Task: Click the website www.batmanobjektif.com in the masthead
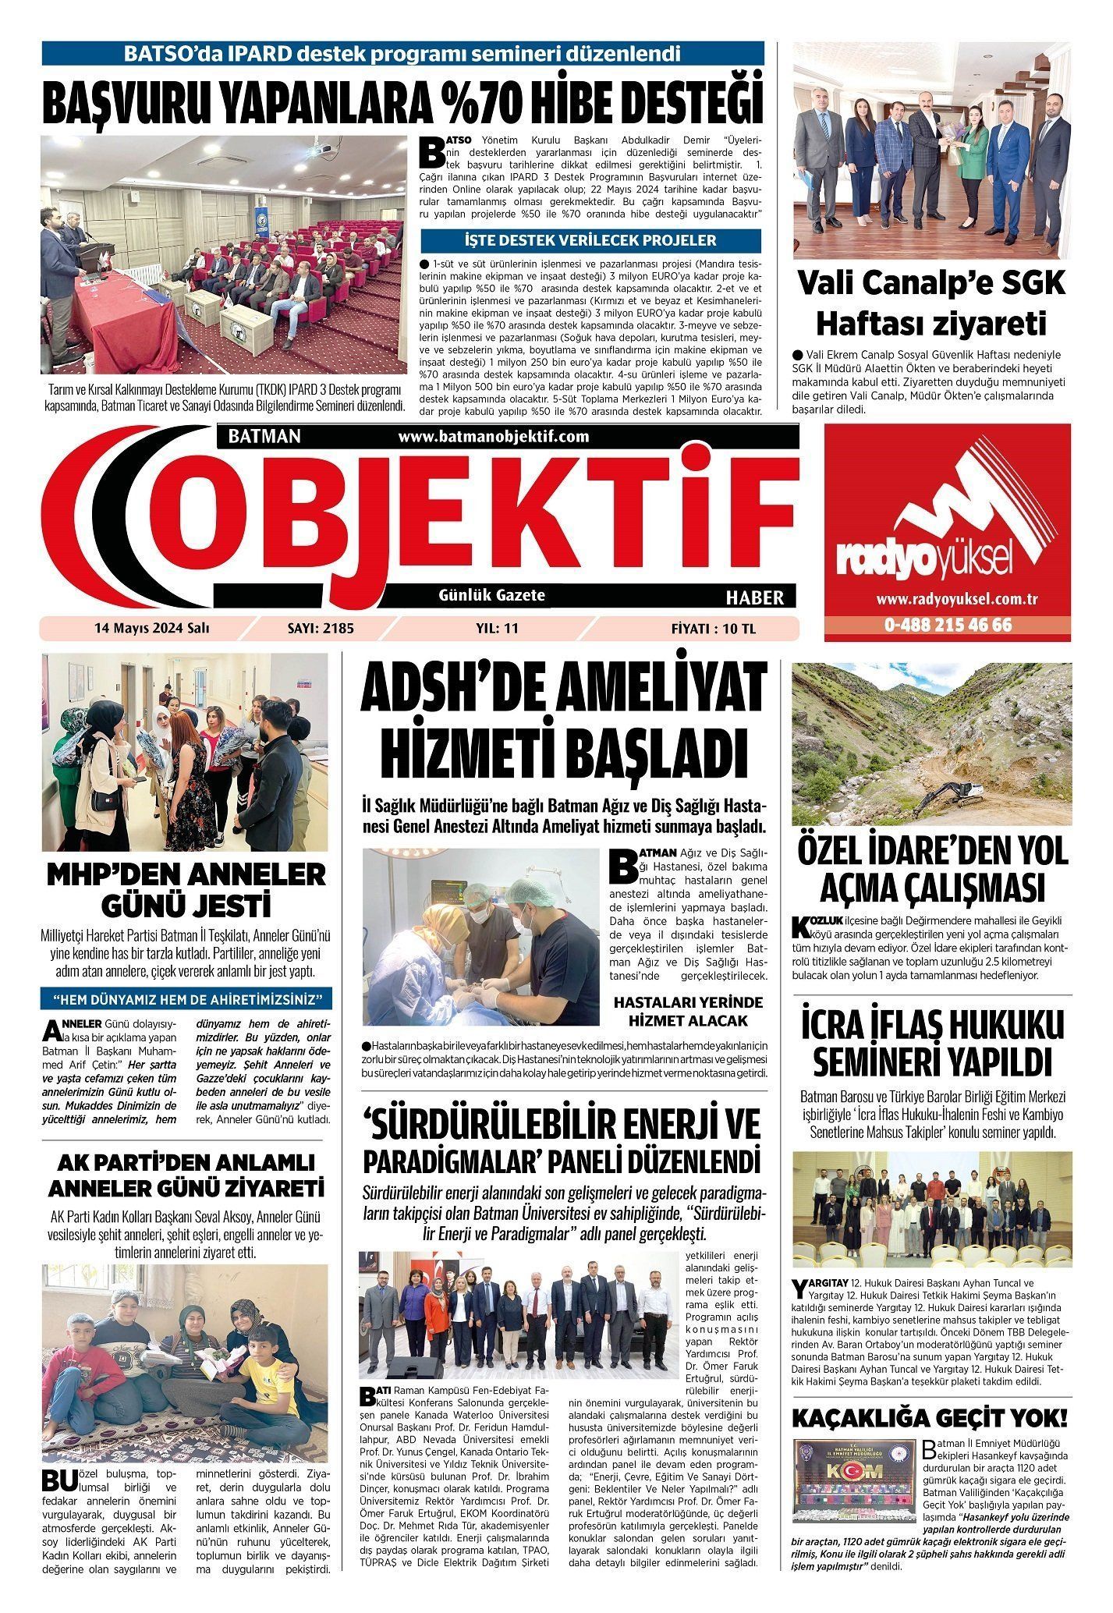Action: point(494,437)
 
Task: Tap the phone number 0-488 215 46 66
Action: point(947,626)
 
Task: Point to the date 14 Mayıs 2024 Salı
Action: point(152,628)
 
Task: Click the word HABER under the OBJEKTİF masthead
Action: point(754,597)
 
